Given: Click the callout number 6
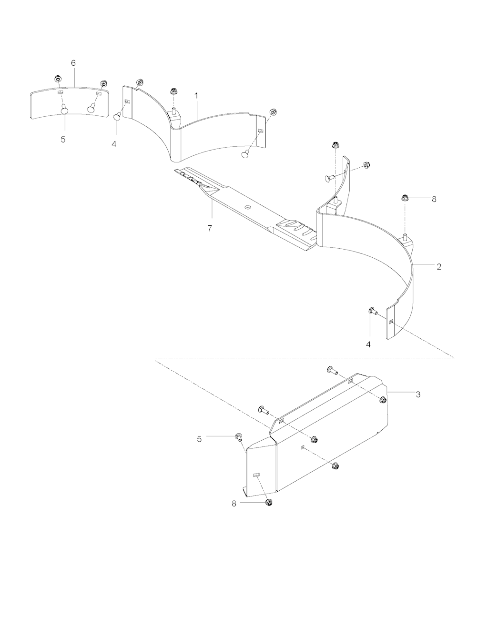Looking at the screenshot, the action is coord(73,63).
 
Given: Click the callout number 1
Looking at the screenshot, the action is coord(196,96).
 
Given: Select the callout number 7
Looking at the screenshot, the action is coord(210,228).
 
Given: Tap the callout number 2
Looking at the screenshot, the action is coord(438,267).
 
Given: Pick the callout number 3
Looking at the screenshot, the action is coord(418,394).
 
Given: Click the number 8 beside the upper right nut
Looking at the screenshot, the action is coord(434,199).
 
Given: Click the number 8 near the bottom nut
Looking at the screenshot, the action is coord(234,504).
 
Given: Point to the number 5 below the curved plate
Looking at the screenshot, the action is coord(63,140).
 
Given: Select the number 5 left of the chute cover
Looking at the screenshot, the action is coord(199,439).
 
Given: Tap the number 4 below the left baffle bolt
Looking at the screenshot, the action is coord(114,144).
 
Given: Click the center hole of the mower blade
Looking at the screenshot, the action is coord(247,207).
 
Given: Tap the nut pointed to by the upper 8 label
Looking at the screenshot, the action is coord(405,198).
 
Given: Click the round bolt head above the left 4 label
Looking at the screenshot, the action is coord(117,117).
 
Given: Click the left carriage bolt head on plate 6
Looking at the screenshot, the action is coord(65,110).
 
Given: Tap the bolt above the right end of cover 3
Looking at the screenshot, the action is coord(333,370).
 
